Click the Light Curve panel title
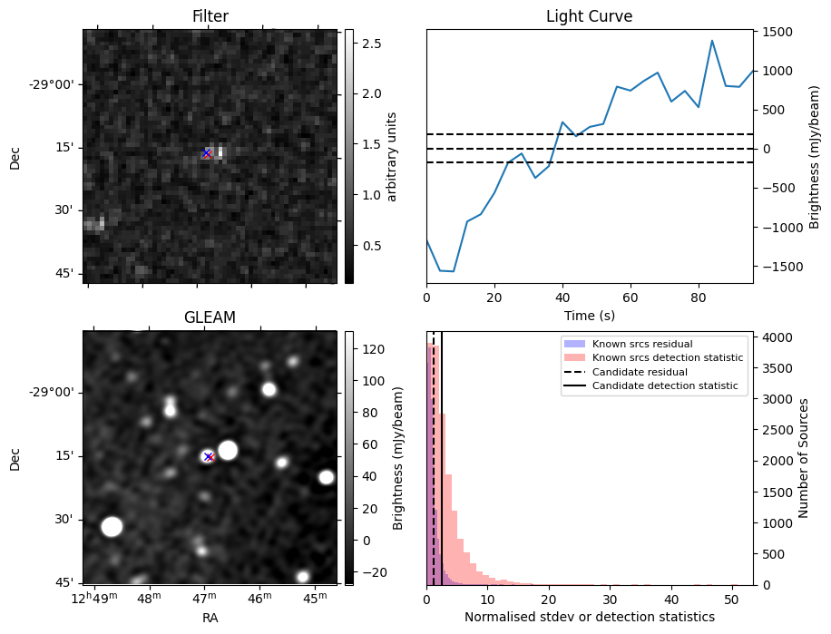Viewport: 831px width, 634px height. (589, 16)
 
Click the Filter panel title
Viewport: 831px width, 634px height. (210, 16)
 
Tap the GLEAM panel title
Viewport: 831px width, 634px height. (210, 317)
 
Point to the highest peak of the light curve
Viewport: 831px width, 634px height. (712, 41)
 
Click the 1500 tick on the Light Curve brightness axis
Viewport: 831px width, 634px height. (779, 32)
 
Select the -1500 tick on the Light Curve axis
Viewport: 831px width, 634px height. (777, 266)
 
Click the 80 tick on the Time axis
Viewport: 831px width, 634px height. (699, 297)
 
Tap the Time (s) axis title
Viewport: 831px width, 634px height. (589, 315)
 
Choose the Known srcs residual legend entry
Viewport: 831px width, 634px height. (642, 344)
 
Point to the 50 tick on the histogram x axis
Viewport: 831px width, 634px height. (731, 599)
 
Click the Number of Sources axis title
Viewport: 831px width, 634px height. (803, 458)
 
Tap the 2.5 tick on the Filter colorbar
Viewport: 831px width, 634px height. (371, 44)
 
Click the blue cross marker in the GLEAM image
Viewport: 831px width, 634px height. (209, 456)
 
